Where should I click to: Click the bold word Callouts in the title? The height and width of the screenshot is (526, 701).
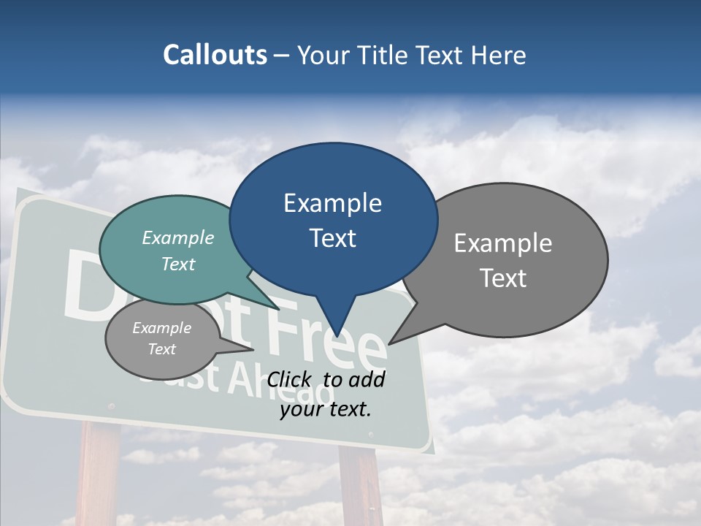point(215,56)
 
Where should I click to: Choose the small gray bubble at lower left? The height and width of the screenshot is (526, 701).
point(162,339)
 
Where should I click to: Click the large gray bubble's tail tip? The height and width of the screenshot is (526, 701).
point(390,343)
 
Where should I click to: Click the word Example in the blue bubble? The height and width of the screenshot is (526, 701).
point(332,203)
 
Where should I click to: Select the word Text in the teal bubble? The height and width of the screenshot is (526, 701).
point(178,264)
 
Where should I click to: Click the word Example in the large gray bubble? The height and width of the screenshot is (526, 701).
point(502,243)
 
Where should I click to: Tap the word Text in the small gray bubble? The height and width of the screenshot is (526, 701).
point(161,349)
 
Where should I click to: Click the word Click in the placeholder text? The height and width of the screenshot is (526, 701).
point(290,379)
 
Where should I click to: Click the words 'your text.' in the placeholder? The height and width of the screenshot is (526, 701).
point(326,409)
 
